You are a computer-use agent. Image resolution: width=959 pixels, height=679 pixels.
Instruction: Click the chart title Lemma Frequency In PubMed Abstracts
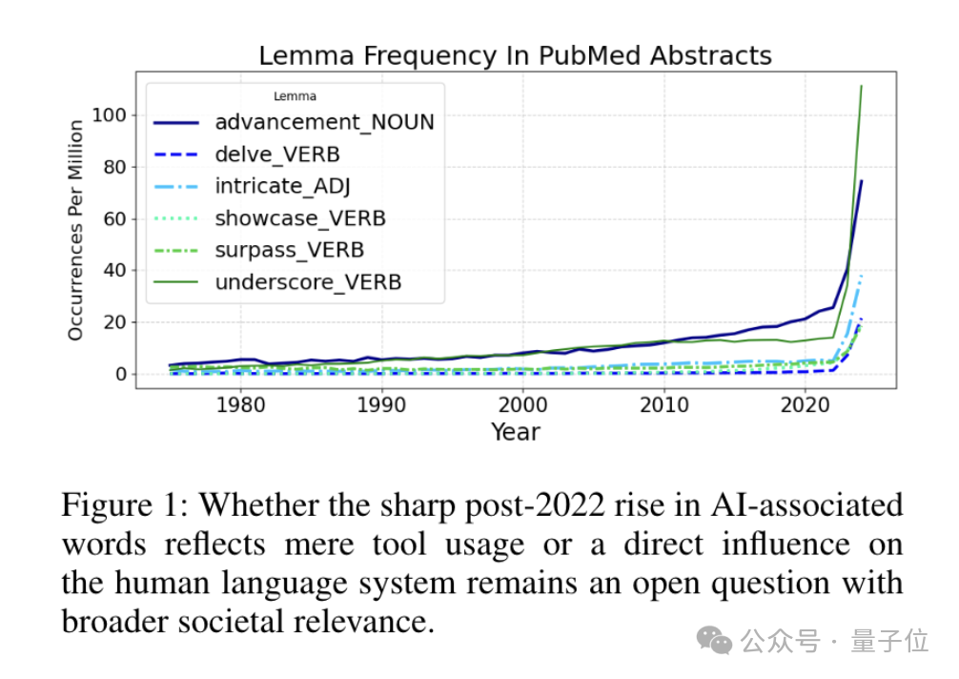click(x=515, y=55)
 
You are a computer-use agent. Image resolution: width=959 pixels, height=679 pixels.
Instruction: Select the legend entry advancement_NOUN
click(x=324, y=122)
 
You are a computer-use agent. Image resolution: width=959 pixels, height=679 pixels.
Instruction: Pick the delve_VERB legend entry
click(x=277, y=154)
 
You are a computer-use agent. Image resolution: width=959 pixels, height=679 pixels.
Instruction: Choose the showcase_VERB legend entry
click(x=300, y=218)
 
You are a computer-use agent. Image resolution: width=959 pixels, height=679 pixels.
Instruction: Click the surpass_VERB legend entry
click(x=289, y=251)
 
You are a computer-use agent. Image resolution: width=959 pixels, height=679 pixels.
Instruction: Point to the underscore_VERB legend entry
click(x=308, y=282)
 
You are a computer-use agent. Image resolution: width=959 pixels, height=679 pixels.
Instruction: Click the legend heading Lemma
click(x=295, y=96)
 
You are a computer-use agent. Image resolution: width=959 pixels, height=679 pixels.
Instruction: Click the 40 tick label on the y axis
click(x=115, y=271)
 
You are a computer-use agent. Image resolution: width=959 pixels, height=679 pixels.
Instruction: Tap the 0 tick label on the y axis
click(x=120, y=374)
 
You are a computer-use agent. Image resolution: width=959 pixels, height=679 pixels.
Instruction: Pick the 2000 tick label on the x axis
click(x=522, y=404)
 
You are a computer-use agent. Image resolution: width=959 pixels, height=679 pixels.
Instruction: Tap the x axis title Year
click(x=516, y=432)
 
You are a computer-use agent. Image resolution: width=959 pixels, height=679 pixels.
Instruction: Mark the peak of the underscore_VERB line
click(x=861, y=86)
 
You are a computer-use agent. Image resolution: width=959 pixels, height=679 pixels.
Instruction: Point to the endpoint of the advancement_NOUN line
click(x=861, y=180)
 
